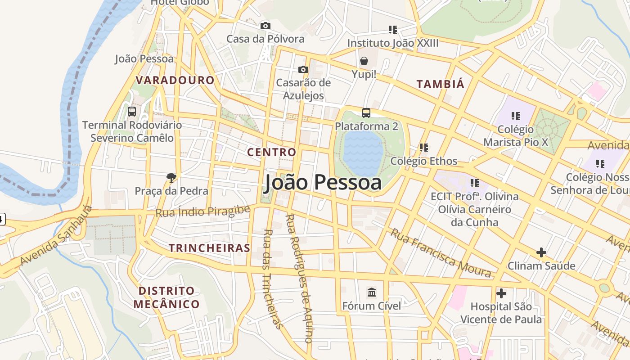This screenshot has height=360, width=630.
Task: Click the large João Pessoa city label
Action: tap(323, 182)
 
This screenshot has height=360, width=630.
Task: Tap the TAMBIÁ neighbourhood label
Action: tap(440, 84)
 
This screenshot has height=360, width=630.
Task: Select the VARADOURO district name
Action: tap(175, 81)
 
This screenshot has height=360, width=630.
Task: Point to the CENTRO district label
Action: tap(272, 152)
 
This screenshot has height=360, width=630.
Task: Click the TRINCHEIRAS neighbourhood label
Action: tap(209, 248)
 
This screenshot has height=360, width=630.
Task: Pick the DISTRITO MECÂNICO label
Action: tap(166, 297)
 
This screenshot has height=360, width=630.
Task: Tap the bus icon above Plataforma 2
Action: tap(366, 112)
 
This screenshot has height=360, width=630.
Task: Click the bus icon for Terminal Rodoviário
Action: tap(132, 112)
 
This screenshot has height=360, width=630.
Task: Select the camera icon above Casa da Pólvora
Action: tap(265, 26)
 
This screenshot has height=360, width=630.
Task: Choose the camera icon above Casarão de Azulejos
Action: tap(303, 69)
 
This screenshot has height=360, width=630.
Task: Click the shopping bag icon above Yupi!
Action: tap(364, 61)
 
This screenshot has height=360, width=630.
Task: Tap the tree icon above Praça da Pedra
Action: tap(171, 177)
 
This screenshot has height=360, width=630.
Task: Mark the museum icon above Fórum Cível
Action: tap(372, 292)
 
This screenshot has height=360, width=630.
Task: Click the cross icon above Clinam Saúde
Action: tap(541, 252)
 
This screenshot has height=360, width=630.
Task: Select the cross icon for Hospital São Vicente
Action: tap(501, 293)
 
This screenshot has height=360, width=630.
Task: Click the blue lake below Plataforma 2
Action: tap(363, 153)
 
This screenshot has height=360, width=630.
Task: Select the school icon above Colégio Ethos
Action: tap(423, 147)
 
